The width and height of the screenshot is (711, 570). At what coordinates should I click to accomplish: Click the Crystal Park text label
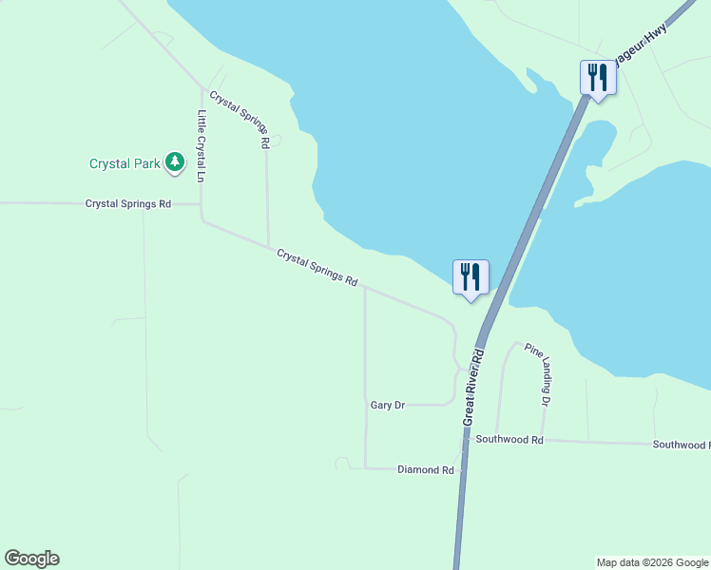125,163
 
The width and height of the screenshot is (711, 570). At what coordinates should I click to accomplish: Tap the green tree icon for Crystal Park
174,162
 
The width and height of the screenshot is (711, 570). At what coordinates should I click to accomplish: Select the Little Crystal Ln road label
202,146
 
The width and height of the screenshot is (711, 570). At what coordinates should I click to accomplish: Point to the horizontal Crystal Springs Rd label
127,204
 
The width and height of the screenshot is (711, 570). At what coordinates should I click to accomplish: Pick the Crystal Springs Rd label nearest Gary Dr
317,268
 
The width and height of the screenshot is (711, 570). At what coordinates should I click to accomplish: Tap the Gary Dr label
387,406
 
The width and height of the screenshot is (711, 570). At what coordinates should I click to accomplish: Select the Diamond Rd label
425,470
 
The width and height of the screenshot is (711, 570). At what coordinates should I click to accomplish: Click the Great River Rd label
473,387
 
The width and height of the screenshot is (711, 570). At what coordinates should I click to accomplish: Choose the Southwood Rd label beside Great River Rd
509,440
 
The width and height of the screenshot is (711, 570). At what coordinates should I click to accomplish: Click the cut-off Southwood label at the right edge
681,445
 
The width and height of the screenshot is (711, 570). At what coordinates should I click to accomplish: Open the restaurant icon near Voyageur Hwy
598,77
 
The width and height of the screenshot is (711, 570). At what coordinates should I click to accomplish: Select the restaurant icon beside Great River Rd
471,276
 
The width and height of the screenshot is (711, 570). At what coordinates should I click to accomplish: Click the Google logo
31,559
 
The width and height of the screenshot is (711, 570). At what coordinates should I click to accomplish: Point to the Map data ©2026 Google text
652,562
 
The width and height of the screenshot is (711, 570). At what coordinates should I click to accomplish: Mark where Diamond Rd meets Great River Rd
461,468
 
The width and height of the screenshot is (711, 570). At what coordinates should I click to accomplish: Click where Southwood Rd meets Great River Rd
465,438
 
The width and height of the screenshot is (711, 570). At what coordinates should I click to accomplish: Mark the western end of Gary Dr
366,406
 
